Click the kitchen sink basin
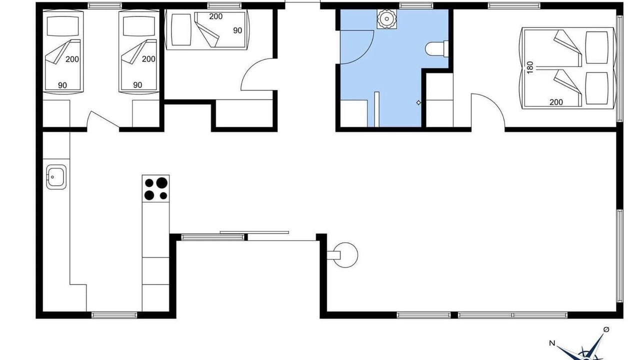tap(56, 177)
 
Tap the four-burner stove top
tap(155, 188)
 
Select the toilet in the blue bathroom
tap(437, 49)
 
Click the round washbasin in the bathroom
tap(387, 19)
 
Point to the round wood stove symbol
tap(345, 255)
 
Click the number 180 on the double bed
tap(530, 67)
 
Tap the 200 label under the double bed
tap(556, 102)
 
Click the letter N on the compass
tap(552, 343)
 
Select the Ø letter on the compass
tap(606, 329)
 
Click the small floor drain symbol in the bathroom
tap(418, 102)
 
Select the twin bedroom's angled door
tap(103, 119)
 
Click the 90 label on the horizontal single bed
tap(237, 30)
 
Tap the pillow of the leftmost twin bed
tap(62, 26)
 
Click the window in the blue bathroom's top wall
tap(415, 5)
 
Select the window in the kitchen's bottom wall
tap(114, 315)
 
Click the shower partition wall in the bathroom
tap(377, 109)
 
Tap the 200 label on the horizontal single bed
tap(215, 16)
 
